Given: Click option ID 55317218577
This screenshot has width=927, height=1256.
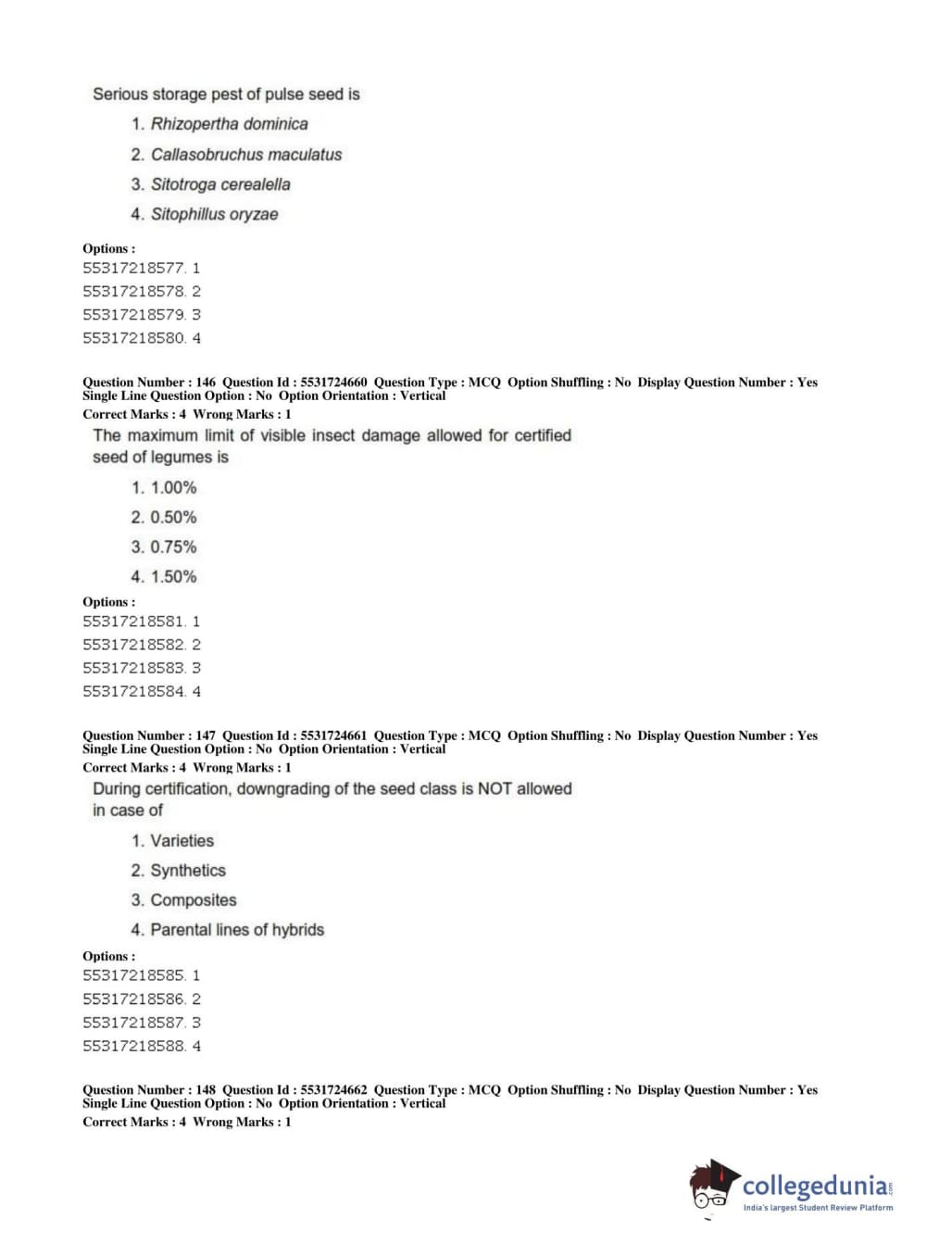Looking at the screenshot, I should [133, 268].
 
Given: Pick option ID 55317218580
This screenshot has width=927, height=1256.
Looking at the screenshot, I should [133, 338].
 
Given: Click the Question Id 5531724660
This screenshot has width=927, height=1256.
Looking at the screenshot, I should [333, 382].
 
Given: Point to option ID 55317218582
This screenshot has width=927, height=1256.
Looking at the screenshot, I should [133, 645].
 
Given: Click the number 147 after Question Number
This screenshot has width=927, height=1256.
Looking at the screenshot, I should [206, 735].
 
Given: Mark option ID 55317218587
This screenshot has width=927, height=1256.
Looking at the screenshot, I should [133, 1023].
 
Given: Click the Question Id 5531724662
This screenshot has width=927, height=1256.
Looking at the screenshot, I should [333, 1090].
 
